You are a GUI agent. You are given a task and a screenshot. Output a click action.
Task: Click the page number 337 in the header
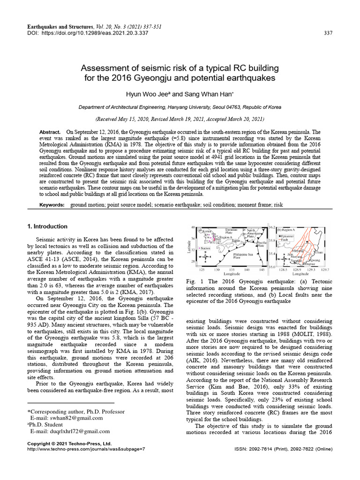click(x=329, y=32)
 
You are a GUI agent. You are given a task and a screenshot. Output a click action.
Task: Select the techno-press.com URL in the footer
click(x=86, y=449)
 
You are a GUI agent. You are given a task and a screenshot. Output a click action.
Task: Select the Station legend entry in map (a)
click(x=206, y=248)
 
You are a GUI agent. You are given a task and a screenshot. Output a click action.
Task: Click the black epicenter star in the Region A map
click(x=307, y=242)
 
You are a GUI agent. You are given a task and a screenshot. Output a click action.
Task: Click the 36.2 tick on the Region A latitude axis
click(x=271, y=227)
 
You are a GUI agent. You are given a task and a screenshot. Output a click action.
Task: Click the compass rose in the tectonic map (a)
click(x=205, y=257)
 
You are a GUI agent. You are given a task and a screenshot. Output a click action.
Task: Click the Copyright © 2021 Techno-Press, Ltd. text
click(x=69, y=443)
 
